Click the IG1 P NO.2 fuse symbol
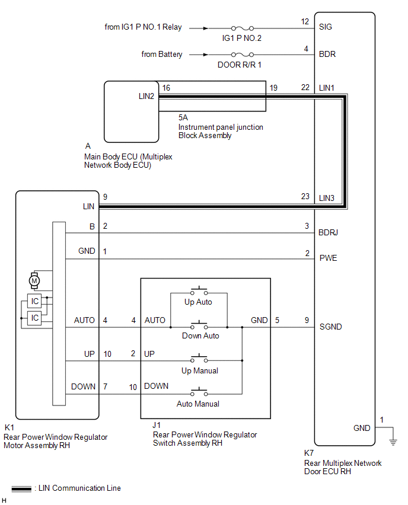tap(243, 28)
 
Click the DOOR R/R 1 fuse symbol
tap(243, 55)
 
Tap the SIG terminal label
tap(326, 27)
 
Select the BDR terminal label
tap(327, 54)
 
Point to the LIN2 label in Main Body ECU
tap(146, 96)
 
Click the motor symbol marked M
tap(34, 281)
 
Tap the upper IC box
tap(34, 301)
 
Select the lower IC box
tap(34, 318)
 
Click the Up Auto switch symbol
tap(199, 291)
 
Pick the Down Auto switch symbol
tap(199, 325)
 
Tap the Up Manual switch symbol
tap(199, 359)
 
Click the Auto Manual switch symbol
tap(199, 392)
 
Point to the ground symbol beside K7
tap(393, 442)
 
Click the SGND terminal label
tap(330, 327)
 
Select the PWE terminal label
tap(328, 258)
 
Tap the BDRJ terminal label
tap(328, 232)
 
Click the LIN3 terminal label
tap(327, 198)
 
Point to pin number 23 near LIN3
tap(305, 196)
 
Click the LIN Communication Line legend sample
tap(21, 488)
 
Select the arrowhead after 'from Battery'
tap(206, 55)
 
